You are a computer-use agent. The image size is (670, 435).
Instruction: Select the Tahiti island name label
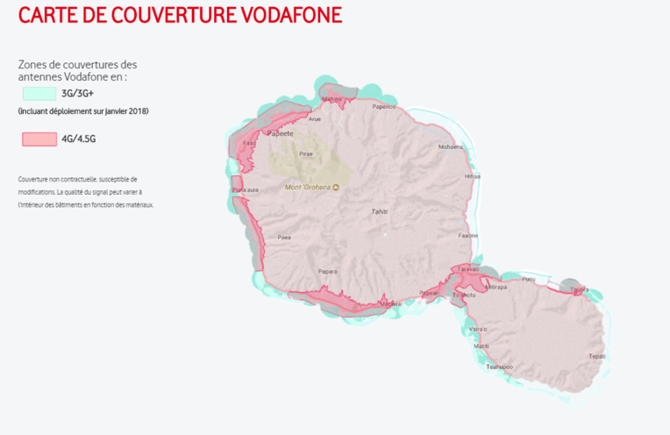tap(380, 211)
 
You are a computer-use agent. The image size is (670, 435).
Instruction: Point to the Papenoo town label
tap(384, 107)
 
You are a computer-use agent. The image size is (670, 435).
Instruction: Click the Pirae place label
tap(306, 153)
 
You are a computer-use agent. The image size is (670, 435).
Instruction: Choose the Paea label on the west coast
tap(284, 237)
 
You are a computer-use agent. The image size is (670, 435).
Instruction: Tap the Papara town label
tap(328, 271)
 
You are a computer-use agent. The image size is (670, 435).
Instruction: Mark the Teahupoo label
tap(499, 367)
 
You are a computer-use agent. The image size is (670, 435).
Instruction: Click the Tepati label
tap(596, 356)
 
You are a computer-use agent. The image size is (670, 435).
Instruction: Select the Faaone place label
tap(468, 235)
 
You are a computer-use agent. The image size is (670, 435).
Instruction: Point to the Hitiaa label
tap(473, 176)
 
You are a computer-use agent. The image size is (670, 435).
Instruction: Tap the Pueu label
tap(528, 280)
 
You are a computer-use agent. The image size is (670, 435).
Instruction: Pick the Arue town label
tap(315, 118)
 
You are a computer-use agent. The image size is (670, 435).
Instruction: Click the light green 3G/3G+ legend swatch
tap(39, 92)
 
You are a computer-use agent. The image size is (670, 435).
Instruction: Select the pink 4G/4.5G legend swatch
tap(39, 139)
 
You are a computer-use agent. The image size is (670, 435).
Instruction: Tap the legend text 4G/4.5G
tap(78, 139)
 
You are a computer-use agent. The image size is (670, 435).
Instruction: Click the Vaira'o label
tap(478, 329)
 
